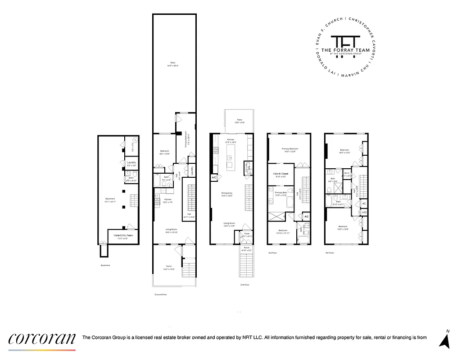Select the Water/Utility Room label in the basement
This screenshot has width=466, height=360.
pyautogui.click(x=123, y=235)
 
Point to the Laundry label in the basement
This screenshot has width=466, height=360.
pyautogui.click(x=131, y=162)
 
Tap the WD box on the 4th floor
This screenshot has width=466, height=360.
pyautogui.click(x=364, y=212)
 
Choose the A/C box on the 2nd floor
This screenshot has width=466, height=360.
pyautogui.click(x=214, y=178)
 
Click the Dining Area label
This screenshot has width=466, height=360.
pyautogui.click(x=226, y=194)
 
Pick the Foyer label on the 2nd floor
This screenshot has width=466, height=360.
pyautogui.click(x=247, y=234)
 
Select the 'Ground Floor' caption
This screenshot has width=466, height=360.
pyautogui.click(x=161, y=295)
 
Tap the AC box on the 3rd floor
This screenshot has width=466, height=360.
pyautogui.click(x=306, y=217)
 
